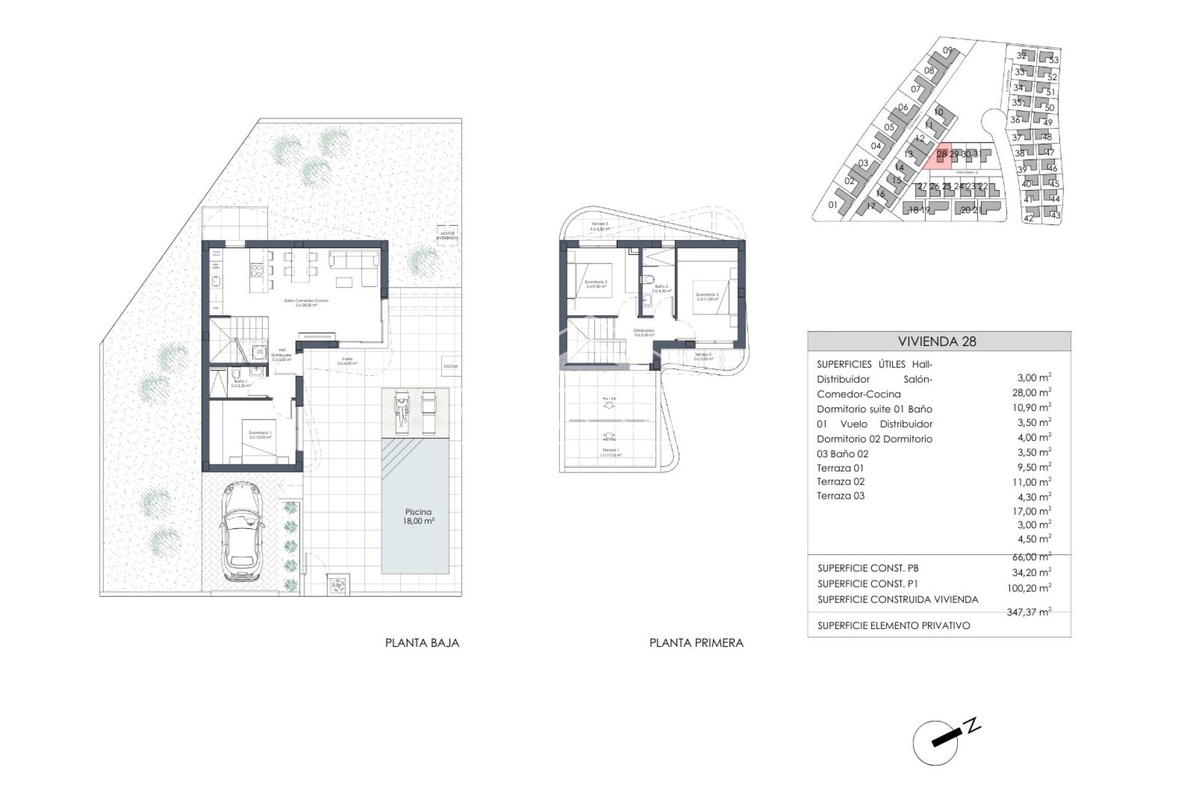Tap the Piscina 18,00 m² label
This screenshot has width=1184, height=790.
pyautogui.click(x=419, y=516)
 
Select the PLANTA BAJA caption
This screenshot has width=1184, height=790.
pyautogui.click(x=422, y=642)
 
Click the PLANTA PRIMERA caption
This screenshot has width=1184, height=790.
pyautogui.click(x=696, y=642)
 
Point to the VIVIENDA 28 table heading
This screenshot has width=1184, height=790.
pyautogui.click(x=937, y=341)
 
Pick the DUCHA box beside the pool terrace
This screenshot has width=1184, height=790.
pyautogui.click(x=450, y=366)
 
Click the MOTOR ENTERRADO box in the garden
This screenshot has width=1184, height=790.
pyautogui.click(x=447, y=235)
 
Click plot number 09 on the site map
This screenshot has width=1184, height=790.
pyautogui.click(x=948, y=51)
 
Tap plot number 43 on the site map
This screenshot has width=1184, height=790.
pyautogui.click(x=1055, y=216)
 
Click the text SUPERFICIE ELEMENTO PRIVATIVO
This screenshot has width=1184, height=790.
pyautogui.click(x=894, y=625)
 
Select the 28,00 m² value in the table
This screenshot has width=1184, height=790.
pyautogui.click(x=1035, y=393)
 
